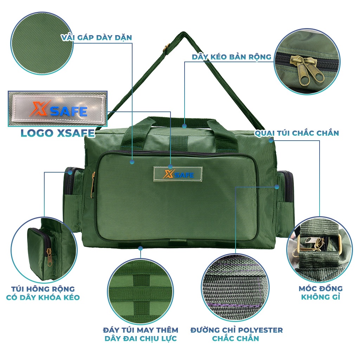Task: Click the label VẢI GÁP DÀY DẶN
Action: pos(97,37)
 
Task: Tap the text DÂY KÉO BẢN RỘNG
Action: pos(231,57)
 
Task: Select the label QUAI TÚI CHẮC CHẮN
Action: pos(297,133)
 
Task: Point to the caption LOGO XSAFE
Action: pos(58,133)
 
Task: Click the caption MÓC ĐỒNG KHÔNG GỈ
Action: pos(321,292)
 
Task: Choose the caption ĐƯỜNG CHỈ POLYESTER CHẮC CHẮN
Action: pos(237,334)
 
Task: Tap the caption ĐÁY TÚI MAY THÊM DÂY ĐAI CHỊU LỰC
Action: pos(141,334)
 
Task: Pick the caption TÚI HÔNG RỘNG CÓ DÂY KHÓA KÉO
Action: pos(43,293)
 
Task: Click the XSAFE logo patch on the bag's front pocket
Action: pos(178,174)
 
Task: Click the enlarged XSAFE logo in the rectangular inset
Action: pos(58,109)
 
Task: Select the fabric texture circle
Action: pos(42,43)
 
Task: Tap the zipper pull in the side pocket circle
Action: pos(49,257)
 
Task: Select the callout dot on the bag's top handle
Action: pos(184,126)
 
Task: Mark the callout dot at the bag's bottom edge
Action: pos(141,248)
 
